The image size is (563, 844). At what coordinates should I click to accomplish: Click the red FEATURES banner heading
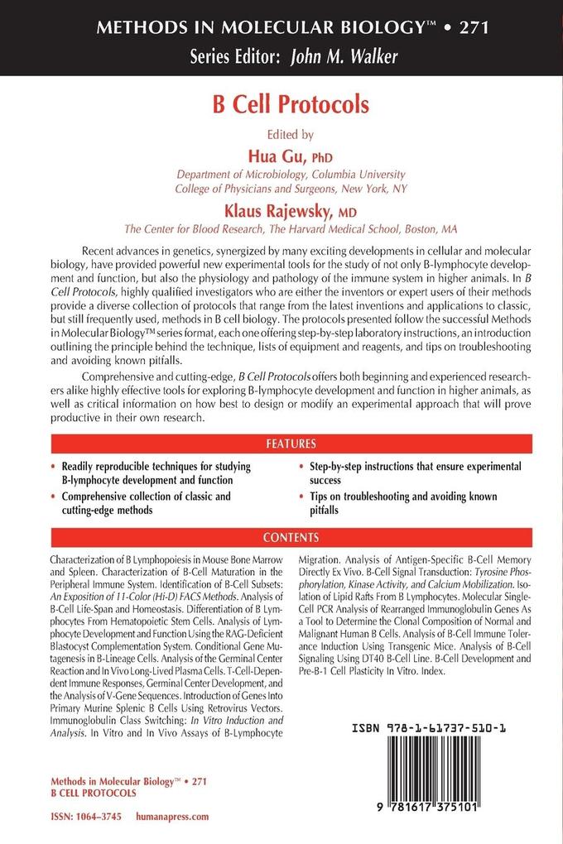pyautogui.click(x=291, y=444)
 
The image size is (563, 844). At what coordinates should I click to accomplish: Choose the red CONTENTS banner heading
pyautogui.click(x=291, y=536)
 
